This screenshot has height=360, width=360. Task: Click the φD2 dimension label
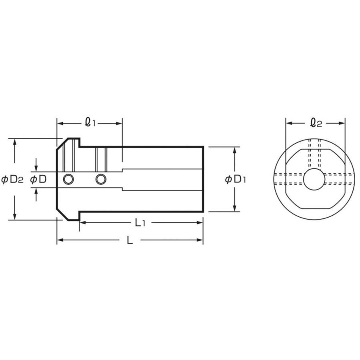click(x=12, y=179)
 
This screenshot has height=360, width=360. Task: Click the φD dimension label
click(x=38, y=179)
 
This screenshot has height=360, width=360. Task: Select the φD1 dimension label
click(x=235, y=179)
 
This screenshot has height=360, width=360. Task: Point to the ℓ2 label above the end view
click(x=316, y=122)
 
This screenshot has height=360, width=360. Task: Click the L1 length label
click(x=140, y=222)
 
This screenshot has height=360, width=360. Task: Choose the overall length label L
click(x=130, y=240)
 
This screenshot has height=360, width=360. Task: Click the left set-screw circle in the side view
click(x=68, y=179)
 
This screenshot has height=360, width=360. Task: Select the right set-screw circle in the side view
click(x=101, y=179)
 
